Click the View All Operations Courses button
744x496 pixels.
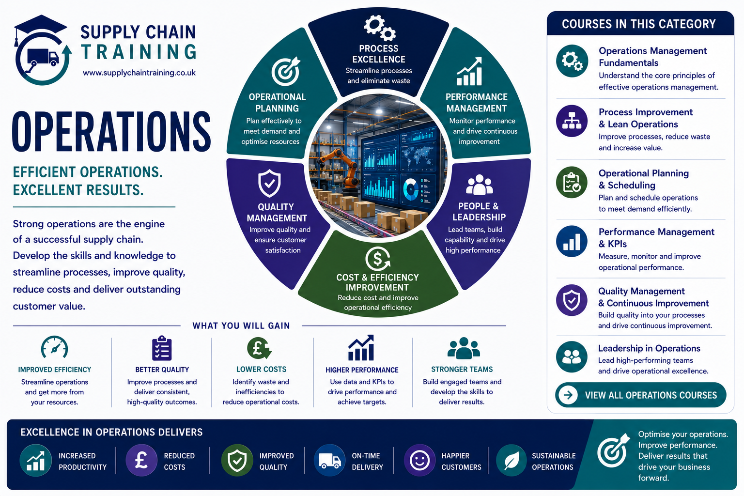point(640,395)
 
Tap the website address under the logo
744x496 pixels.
point(139,73)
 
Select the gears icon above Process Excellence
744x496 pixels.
point(379,28)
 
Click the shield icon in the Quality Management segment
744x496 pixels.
point(269,184)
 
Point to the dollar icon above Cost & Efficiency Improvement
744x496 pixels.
point(378,259)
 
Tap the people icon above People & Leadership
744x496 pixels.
point(479,185)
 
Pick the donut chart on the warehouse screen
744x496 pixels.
point(411,189)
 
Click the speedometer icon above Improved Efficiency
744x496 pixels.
point(54,347)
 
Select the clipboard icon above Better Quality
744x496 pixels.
point(162,348)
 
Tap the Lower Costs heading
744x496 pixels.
point(261,369)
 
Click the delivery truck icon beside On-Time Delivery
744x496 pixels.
point(329,461)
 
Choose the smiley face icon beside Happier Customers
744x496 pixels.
point(419,461)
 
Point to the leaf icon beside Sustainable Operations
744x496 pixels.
point(511,461)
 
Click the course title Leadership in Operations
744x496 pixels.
point(649,348)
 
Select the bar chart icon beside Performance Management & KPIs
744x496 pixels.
point(572,242)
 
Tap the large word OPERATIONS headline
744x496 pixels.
point(111,132)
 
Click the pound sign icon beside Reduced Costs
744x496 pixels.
point(141,461)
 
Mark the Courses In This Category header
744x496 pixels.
point(639,24)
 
